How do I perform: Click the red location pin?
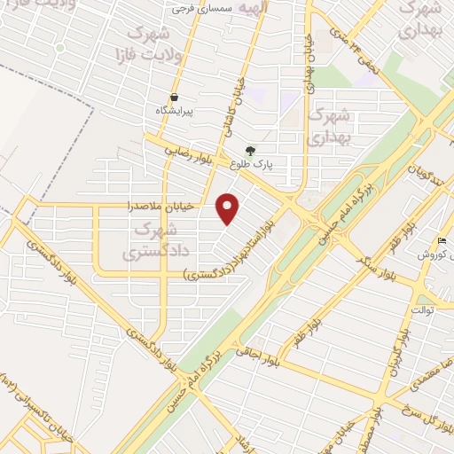[229, 208]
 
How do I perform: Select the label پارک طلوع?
[251, 165]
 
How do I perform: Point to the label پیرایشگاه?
[174, 111]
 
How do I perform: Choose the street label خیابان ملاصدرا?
[178, 207]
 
